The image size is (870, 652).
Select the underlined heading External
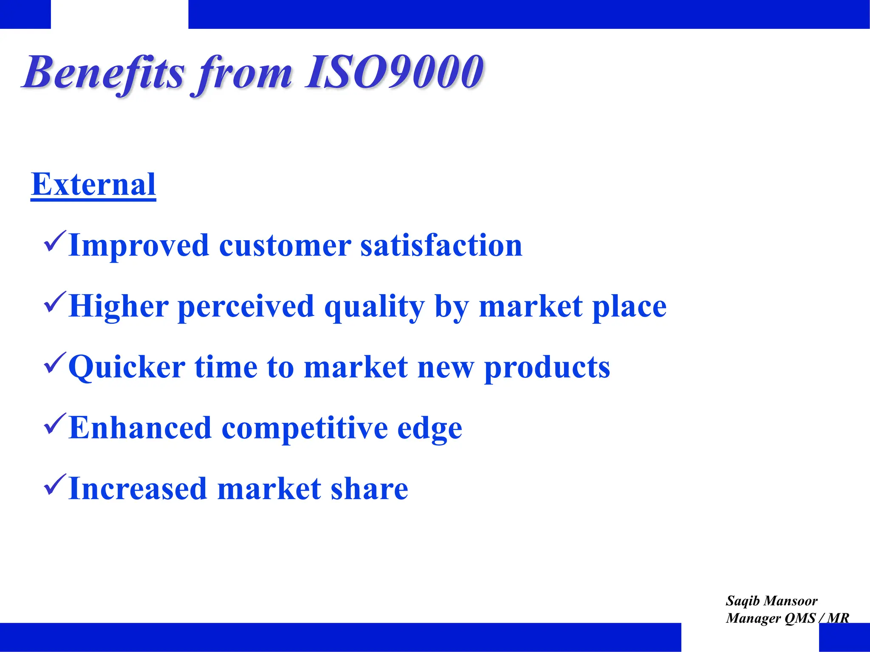pos(93,185)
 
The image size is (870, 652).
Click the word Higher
pos(119,306)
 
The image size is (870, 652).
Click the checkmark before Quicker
pos(54,363)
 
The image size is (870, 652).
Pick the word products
pos(547,368)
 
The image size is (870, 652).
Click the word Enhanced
pos(140,428)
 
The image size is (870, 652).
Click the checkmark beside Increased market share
pos(54,485)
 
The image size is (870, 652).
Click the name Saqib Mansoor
pos(771,601)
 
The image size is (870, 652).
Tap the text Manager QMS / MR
pos(787,618)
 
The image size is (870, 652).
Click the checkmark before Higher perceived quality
pos(54,303)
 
